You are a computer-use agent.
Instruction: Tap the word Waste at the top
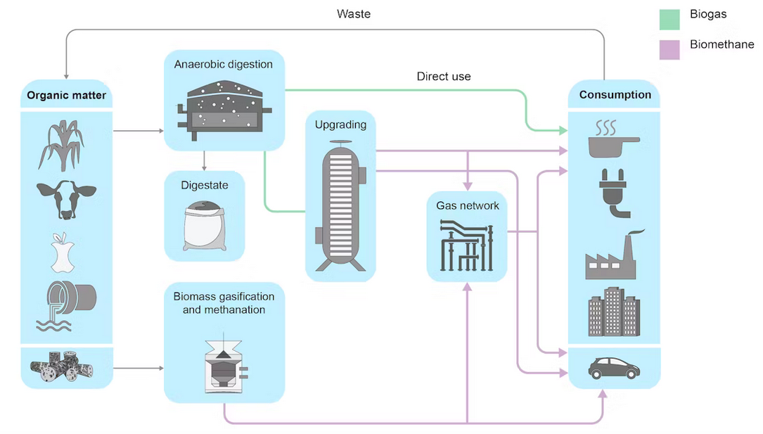click(x=354, y=14)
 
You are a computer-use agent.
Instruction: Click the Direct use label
click(x=444, y=76)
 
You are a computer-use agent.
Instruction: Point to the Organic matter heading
click(x=66, y=95)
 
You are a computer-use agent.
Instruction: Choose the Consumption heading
click(x=615, y=95)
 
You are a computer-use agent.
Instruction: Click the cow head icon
click(x=66, y=200)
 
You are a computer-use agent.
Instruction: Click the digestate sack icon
click(x=205, y=225)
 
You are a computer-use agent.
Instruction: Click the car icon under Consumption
click(x=614, y=367)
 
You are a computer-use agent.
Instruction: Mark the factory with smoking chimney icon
click(x=611, y=256)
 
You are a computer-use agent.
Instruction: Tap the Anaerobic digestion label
click(x=224, y=65)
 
